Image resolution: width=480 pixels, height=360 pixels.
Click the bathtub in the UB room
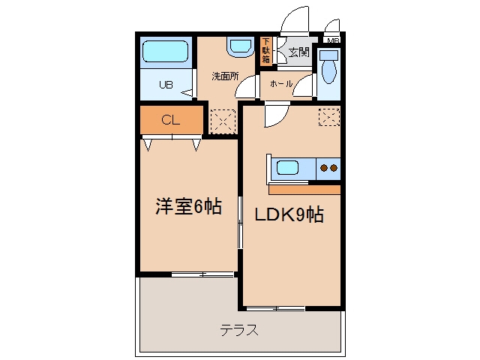pos(165,51)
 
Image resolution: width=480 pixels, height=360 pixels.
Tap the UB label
pos(166,85)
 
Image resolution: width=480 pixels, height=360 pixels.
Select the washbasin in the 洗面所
pos(241,46)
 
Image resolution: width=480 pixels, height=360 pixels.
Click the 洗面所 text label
pos(225,76)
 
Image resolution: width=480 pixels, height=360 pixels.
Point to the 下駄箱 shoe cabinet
pos(265,51)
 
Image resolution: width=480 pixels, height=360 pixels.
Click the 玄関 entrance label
pos(299,52)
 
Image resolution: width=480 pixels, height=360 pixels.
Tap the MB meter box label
pos(333,40)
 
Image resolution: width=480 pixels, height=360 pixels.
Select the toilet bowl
pos(329,72)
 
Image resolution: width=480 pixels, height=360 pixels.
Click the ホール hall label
pos(281,83)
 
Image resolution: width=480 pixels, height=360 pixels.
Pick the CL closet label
pos(170,120)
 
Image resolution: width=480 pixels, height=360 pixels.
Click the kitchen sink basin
pos(287,168)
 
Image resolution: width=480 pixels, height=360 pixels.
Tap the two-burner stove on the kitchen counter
pos(328,168)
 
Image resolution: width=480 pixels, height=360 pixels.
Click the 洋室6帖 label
pos(188,206)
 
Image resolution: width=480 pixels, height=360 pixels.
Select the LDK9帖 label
pos(289,214)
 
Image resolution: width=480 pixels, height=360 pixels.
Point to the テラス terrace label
pos(239,330)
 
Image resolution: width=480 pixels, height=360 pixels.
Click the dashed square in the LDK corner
pos(329,117)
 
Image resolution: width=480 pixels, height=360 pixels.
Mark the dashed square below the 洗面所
pos(223,121)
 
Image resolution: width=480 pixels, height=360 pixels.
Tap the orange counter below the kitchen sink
pos(304,190)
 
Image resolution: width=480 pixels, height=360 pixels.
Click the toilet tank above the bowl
pos(328,55)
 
